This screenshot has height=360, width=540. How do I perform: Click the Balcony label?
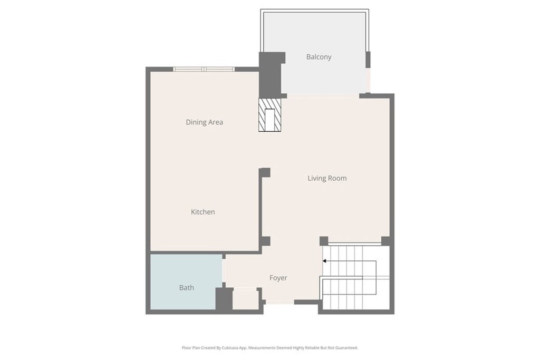click(x=319, y=57)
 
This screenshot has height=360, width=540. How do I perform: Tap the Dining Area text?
click(x=204, y=122)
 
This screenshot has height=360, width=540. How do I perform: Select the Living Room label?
click(x=327, y=178)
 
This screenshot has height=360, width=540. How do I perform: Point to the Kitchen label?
click(x=202, y=212)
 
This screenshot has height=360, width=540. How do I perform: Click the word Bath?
click(x=186, y=288)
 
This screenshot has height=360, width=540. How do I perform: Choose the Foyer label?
click(x=278, y=278)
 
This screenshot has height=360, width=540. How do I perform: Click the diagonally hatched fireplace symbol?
click(x=270, y=115)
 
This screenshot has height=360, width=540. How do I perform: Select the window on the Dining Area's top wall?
click(x=204, y=69)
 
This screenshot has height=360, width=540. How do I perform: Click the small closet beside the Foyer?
click(x=245, y=299)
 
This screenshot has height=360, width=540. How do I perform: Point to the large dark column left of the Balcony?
click(x=270, y=74)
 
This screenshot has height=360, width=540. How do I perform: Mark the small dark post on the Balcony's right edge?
click(x=368, y=59)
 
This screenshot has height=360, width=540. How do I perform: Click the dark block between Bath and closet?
click(x=224, y=299)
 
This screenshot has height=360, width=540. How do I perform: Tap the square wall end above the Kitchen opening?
click(x=265, y=172)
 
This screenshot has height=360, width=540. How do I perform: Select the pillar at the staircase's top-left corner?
click(x=324, y=241)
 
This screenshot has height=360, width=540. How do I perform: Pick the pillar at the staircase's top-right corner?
click(x=386, y=241)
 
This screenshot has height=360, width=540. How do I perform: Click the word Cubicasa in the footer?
click(x=235, y=348)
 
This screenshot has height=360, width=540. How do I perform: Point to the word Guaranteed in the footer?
click(x=346, y=348)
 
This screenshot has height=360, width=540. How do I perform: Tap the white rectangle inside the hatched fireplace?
click(x=270, y=119)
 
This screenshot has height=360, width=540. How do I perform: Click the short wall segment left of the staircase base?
click(x=306, y=302)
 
